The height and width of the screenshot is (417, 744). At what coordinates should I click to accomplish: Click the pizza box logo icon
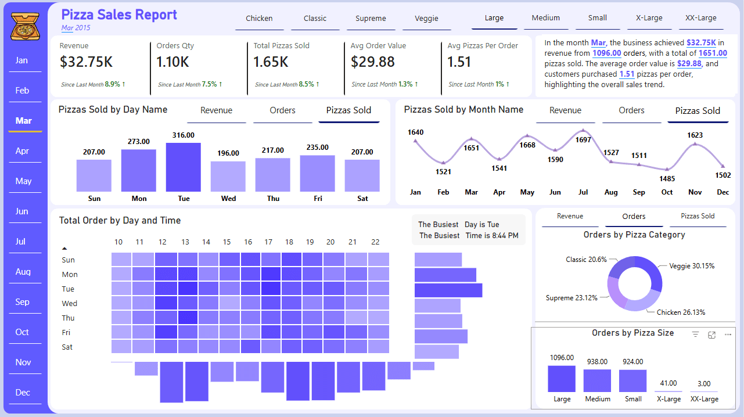[25, 26]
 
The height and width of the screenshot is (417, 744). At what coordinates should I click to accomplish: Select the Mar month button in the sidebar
[24, 121]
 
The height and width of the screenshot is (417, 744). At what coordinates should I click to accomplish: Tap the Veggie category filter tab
[426, 18]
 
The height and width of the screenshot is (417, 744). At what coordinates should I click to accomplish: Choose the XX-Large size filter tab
[701, 18]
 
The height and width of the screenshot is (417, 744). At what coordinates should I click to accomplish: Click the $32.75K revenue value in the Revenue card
[86, 62]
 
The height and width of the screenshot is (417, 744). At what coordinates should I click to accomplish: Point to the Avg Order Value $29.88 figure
[373, 62]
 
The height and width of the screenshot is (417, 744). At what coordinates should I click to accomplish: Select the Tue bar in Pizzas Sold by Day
[184, 167]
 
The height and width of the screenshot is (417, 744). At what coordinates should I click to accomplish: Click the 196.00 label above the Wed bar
[228, 153]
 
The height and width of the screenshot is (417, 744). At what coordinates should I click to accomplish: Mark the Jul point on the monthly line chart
[583, 131]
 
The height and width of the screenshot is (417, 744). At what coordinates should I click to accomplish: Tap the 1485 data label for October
[667, 179]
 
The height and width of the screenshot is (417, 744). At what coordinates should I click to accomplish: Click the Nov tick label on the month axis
[695, 192]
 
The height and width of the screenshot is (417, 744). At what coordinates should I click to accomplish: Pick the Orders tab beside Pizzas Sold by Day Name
[282, 110]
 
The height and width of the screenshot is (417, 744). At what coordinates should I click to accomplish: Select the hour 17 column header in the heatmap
[268, 242]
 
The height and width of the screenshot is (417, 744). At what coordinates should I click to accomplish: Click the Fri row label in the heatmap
[66, 332]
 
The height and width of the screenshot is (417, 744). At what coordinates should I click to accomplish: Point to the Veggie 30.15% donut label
[692, 266]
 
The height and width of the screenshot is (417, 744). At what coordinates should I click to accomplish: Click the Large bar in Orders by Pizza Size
[562, 379]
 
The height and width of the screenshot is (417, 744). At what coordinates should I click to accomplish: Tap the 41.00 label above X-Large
[668, 383]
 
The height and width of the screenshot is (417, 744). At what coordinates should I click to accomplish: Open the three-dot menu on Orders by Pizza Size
[728, 335]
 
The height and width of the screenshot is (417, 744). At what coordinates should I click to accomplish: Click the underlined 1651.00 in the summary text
[713, 53]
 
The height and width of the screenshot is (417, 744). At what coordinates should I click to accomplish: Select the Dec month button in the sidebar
[23, 393]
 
